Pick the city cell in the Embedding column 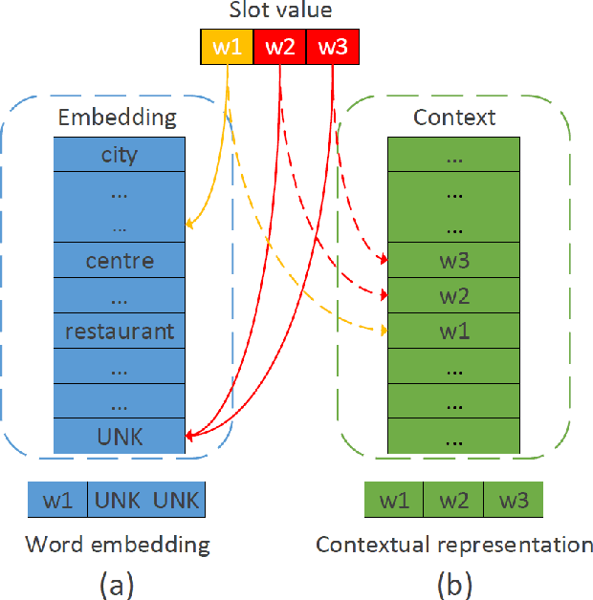(x=119, y=154)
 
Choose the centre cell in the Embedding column (x=119, y=260)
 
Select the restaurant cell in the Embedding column (x=119, y=332)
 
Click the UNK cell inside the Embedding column (x=119, y=437)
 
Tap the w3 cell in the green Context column (x=453, y=260)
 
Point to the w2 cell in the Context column (x=453, y=295)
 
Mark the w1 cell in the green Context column (x=453, y=332)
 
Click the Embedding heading (x=118, y=118)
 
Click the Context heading (x=453, y=118)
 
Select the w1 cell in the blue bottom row (x=57, y=500)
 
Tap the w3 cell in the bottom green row (x=513, y=500)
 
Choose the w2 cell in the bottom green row (x=453, y=500)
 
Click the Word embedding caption (x=117, y=545)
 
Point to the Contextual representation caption (x=454, y=545)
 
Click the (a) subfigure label (x=118, y=582)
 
